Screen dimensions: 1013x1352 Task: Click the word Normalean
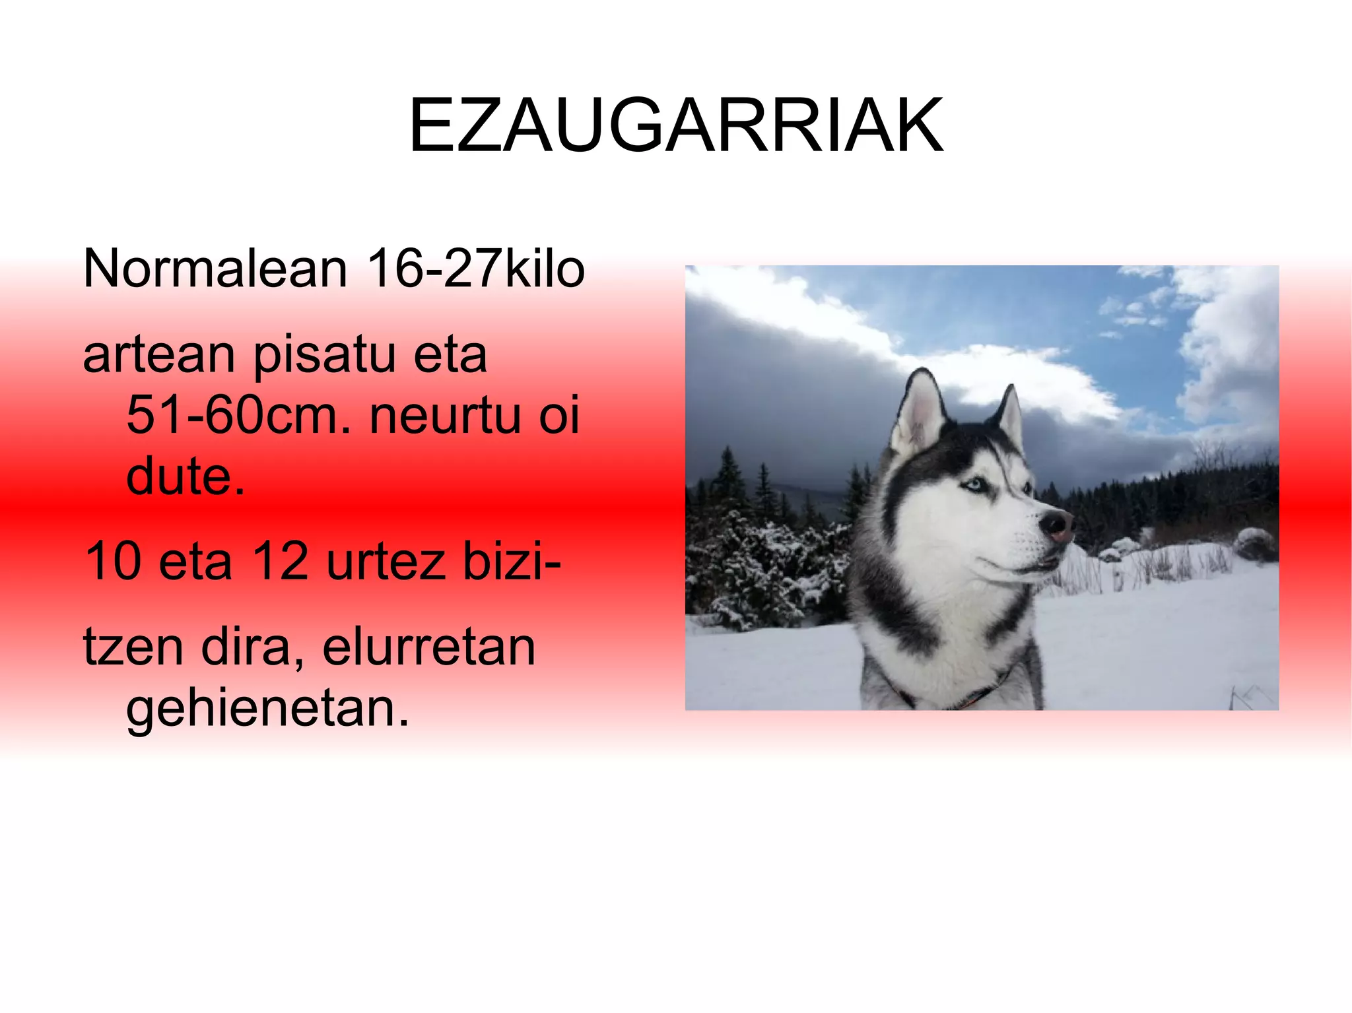[x=215, y=269]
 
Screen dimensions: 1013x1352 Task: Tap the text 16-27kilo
[x=475, y=269]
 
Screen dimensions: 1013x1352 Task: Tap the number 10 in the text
[x=113, y=561]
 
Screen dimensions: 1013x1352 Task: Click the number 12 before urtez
[x=280, y=561]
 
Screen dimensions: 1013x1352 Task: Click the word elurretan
[x=428, y=647]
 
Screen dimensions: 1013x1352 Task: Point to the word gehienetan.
[x=267, y=708]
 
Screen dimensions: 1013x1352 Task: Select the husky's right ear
[x=1010, y=416]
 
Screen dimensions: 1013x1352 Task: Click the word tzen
[x=133, y=647]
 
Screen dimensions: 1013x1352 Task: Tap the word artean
[x=158, y=355]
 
